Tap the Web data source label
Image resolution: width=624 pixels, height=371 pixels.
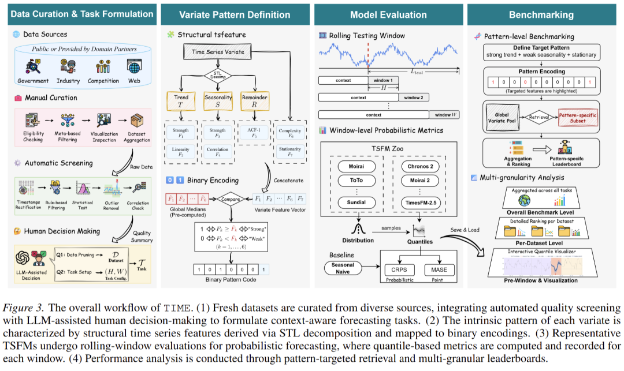point(134,81)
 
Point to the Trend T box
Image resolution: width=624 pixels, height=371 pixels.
point(181,102)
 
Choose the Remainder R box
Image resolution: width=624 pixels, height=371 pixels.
point(258,102)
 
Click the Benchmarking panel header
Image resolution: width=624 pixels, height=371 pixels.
point(541,14)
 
